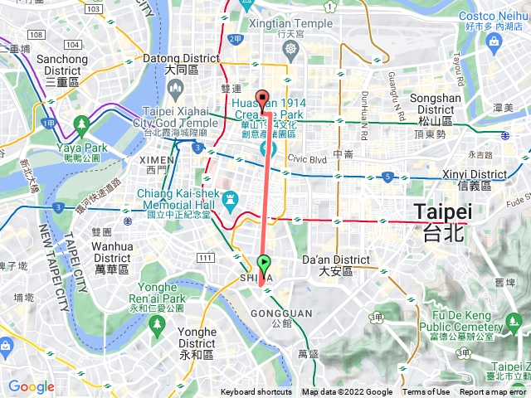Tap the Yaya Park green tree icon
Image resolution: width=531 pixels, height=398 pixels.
pyautogui.click(x=80, y=125)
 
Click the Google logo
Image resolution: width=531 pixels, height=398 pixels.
pyautogui.click(x=31, y=386)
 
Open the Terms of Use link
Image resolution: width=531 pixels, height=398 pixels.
pyautogui.click(x=426, y=392)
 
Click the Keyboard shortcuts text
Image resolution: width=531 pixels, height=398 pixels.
pyautogui.click(x=256, y=392)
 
